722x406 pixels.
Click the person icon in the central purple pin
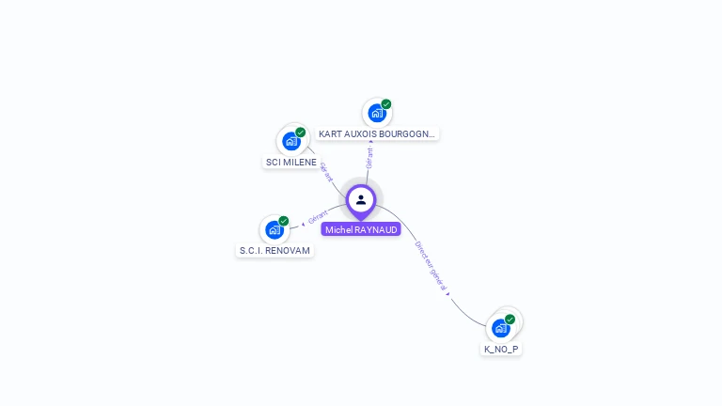[361, 199]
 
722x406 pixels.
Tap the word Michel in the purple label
[339, 229]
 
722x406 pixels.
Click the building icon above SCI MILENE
[291, 141]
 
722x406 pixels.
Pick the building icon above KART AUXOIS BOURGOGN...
[377, 113]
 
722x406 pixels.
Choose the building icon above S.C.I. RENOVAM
[275, 229]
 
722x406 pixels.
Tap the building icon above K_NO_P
[501, 328]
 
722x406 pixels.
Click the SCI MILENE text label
[290, 162]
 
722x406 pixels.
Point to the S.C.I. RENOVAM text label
[275, 251]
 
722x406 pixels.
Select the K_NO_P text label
[501, 349]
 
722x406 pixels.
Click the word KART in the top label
[330, 134]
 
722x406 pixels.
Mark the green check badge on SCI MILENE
[301, 133]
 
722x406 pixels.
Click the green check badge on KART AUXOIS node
[386, 104]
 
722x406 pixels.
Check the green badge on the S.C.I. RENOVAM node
[284, 221]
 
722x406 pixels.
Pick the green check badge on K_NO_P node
[510, 320]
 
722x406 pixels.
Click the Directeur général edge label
[432, 267]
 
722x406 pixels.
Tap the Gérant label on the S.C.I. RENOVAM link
[319, 217]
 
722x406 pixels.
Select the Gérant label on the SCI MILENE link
[326, 173]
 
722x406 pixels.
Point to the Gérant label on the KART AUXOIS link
[369, 157]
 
